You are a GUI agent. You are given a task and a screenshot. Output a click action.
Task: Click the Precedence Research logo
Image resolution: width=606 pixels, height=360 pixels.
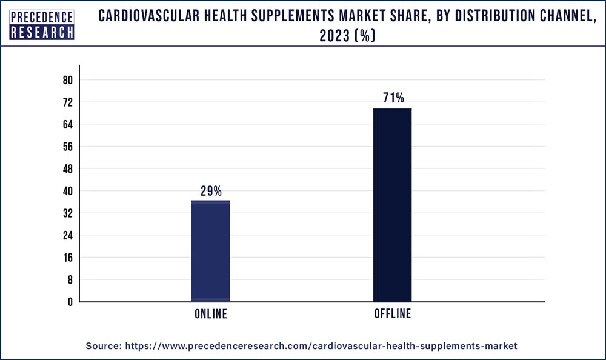pos(42,25)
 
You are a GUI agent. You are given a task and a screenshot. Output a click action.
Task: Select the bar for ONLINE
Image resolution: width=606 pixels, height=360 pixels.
pos(210,251)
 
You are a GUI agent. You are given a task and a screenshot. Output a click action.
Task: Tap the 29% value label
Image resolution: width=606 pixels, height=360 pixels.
pos(211,192)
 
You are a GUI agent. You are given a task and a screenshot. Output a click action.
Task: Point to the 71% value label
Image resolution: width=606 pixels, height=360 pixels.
pos(393,98)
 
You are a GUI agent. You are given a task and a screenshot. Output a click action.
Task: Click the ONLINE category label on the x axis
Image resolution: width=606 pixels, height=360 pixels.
pos(211,314)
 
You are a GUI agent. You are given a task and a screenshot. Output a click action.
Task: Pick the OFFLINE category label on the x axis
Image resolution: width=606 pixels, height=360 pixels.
pos(393,314)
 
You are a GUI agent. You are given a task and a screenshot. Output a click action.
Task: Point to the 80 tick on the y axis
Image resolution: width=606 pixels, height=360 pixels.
pos(67,80)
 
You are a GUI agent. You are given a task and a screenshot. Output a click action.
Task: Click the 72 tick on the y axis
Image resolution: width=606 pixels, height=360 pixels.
pos(67,102)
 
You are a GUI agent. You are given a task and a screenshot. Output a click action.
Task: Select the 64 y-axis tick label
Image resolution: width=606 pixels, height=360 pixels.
pos(67,124)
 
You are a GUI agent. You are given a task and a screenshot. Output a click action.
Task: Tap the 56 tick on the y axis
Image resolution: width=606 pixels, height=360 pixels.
pos(67,147)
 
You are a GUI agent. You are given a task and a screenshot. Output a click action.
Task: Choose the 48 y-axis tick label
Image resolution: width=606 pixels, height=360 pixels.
pos(67,168)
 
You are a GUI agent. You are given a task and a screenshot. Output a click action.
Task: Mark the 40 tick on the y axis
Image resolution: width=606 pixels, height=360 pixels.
pos(67,191)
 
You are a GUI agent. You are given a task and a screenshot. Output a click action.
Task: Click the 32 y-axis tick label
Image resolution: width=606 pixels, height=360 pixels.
pos(67,213)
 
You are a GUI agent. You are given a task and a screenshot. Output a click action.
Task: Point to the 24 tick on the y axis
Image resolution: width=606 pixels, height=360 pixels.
pos(67,235)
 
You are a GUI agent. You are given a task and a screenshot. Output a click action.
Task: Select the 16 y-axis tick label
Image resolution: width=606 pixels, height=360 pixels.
pos(67,258)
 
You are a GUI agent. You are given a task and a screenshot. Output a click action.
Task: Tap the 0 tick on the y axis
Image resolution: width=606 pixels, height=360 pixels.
pos(70,302)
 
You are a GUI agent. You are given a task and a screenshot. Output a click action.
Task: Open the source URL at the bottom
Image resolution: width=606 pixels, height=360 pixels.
pos(321,345)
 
